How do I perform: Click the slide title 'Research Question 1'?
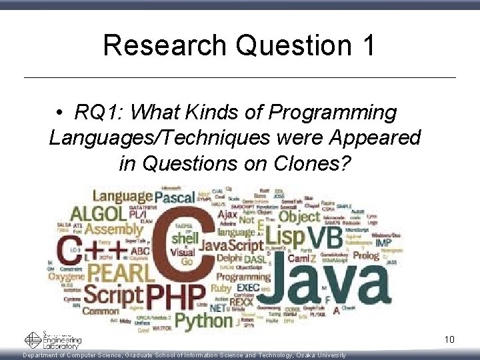tap(239, 45)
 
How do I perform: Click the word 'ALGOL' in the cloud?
tap(98, 214)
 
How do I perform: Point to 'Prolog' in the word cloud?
tap(366, 255)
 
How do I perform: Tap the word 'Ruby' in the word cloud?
tap(221, 289)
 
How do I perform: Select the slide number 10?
tap(449, 340)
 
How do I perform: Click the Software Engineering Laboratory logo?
tap(53, 340)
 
